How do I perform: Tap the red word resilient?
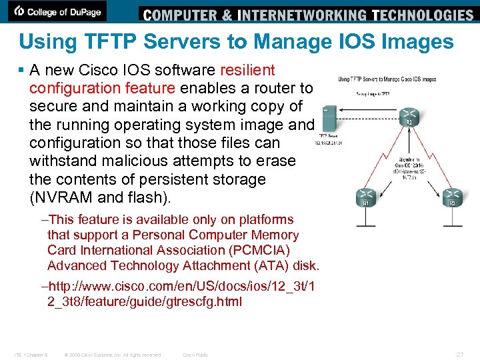244,70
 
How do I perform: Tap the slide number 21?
460,354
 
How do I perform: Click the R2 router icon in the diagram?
409,113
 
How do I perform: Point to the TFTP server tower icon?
328,119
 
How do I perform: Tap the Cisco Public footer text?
195,355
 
